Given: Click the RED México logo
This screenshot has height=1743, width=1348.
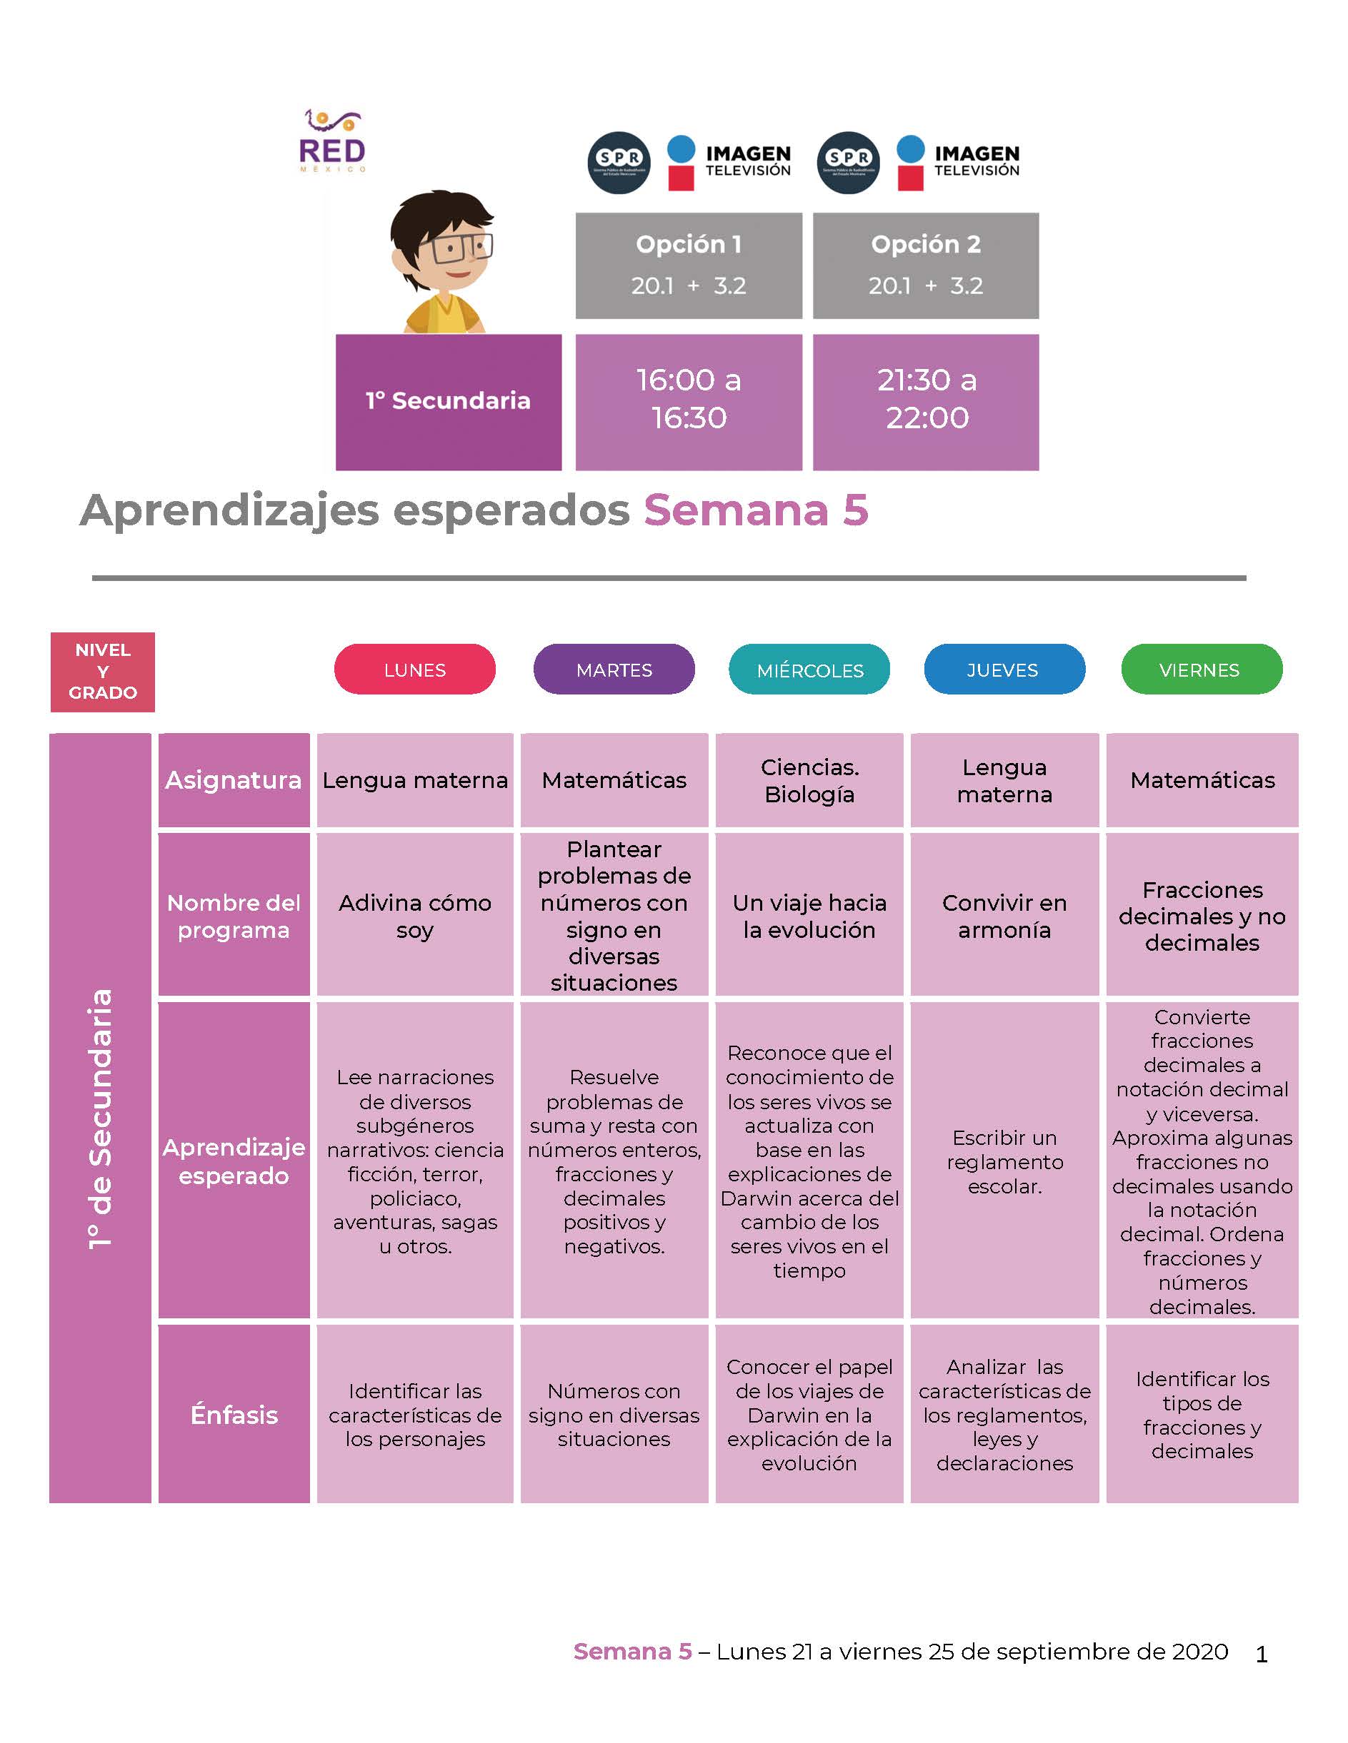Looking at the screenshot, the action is [333, 141].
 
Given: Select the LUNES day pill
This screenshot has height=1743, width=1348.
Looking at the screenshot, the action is [414, 669].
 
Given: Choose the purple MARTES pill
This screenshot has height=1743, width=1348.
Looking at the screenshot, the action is [614, 669].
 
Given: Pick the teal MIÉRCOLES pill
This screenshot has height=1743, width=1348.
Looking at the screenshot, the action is [810, 669].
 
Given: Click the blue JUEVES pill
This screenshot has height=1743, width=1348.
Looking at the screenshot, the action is [1004, 669].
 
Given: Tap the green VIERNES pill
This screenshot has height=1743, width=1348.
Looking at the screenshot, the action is [1202, 669].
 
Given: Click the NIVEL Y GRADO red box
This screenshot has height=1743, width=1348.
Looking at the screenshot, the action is [102, 672].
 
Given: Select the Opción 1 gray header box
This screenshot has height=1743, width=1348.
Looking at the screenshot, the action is [689, 266].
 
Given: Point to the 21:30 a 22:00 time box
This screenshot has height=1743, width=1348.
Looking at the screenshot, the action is [926, 403].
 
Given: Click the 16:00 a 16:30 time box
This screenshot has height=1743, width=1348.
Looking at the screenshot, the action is [689, 403].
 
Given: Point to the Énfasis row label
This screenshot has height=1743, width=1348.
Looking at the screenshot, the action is [234, 1414].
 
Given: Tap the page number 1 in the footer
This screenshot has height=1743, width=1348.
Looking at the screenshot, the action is [1262, 1654].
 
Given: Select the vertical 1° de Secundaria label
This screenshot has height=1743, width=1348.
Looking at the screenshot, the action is [101, 1118].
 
